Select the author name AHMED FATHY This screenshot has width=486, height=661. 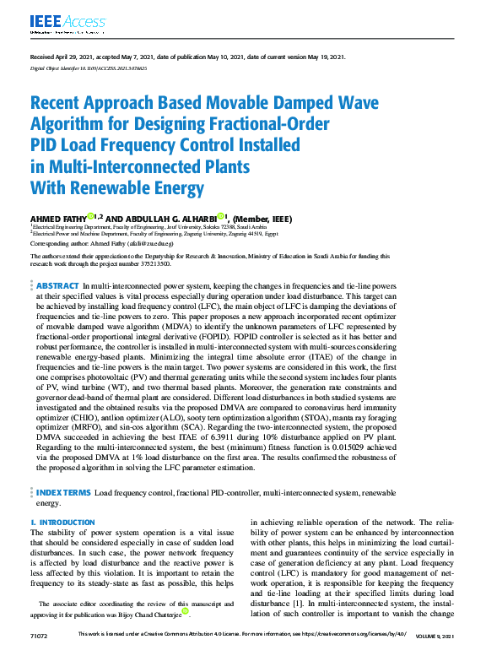coord(60,219)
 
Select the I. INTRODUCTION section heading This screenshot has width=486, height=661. coord(63,523)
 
